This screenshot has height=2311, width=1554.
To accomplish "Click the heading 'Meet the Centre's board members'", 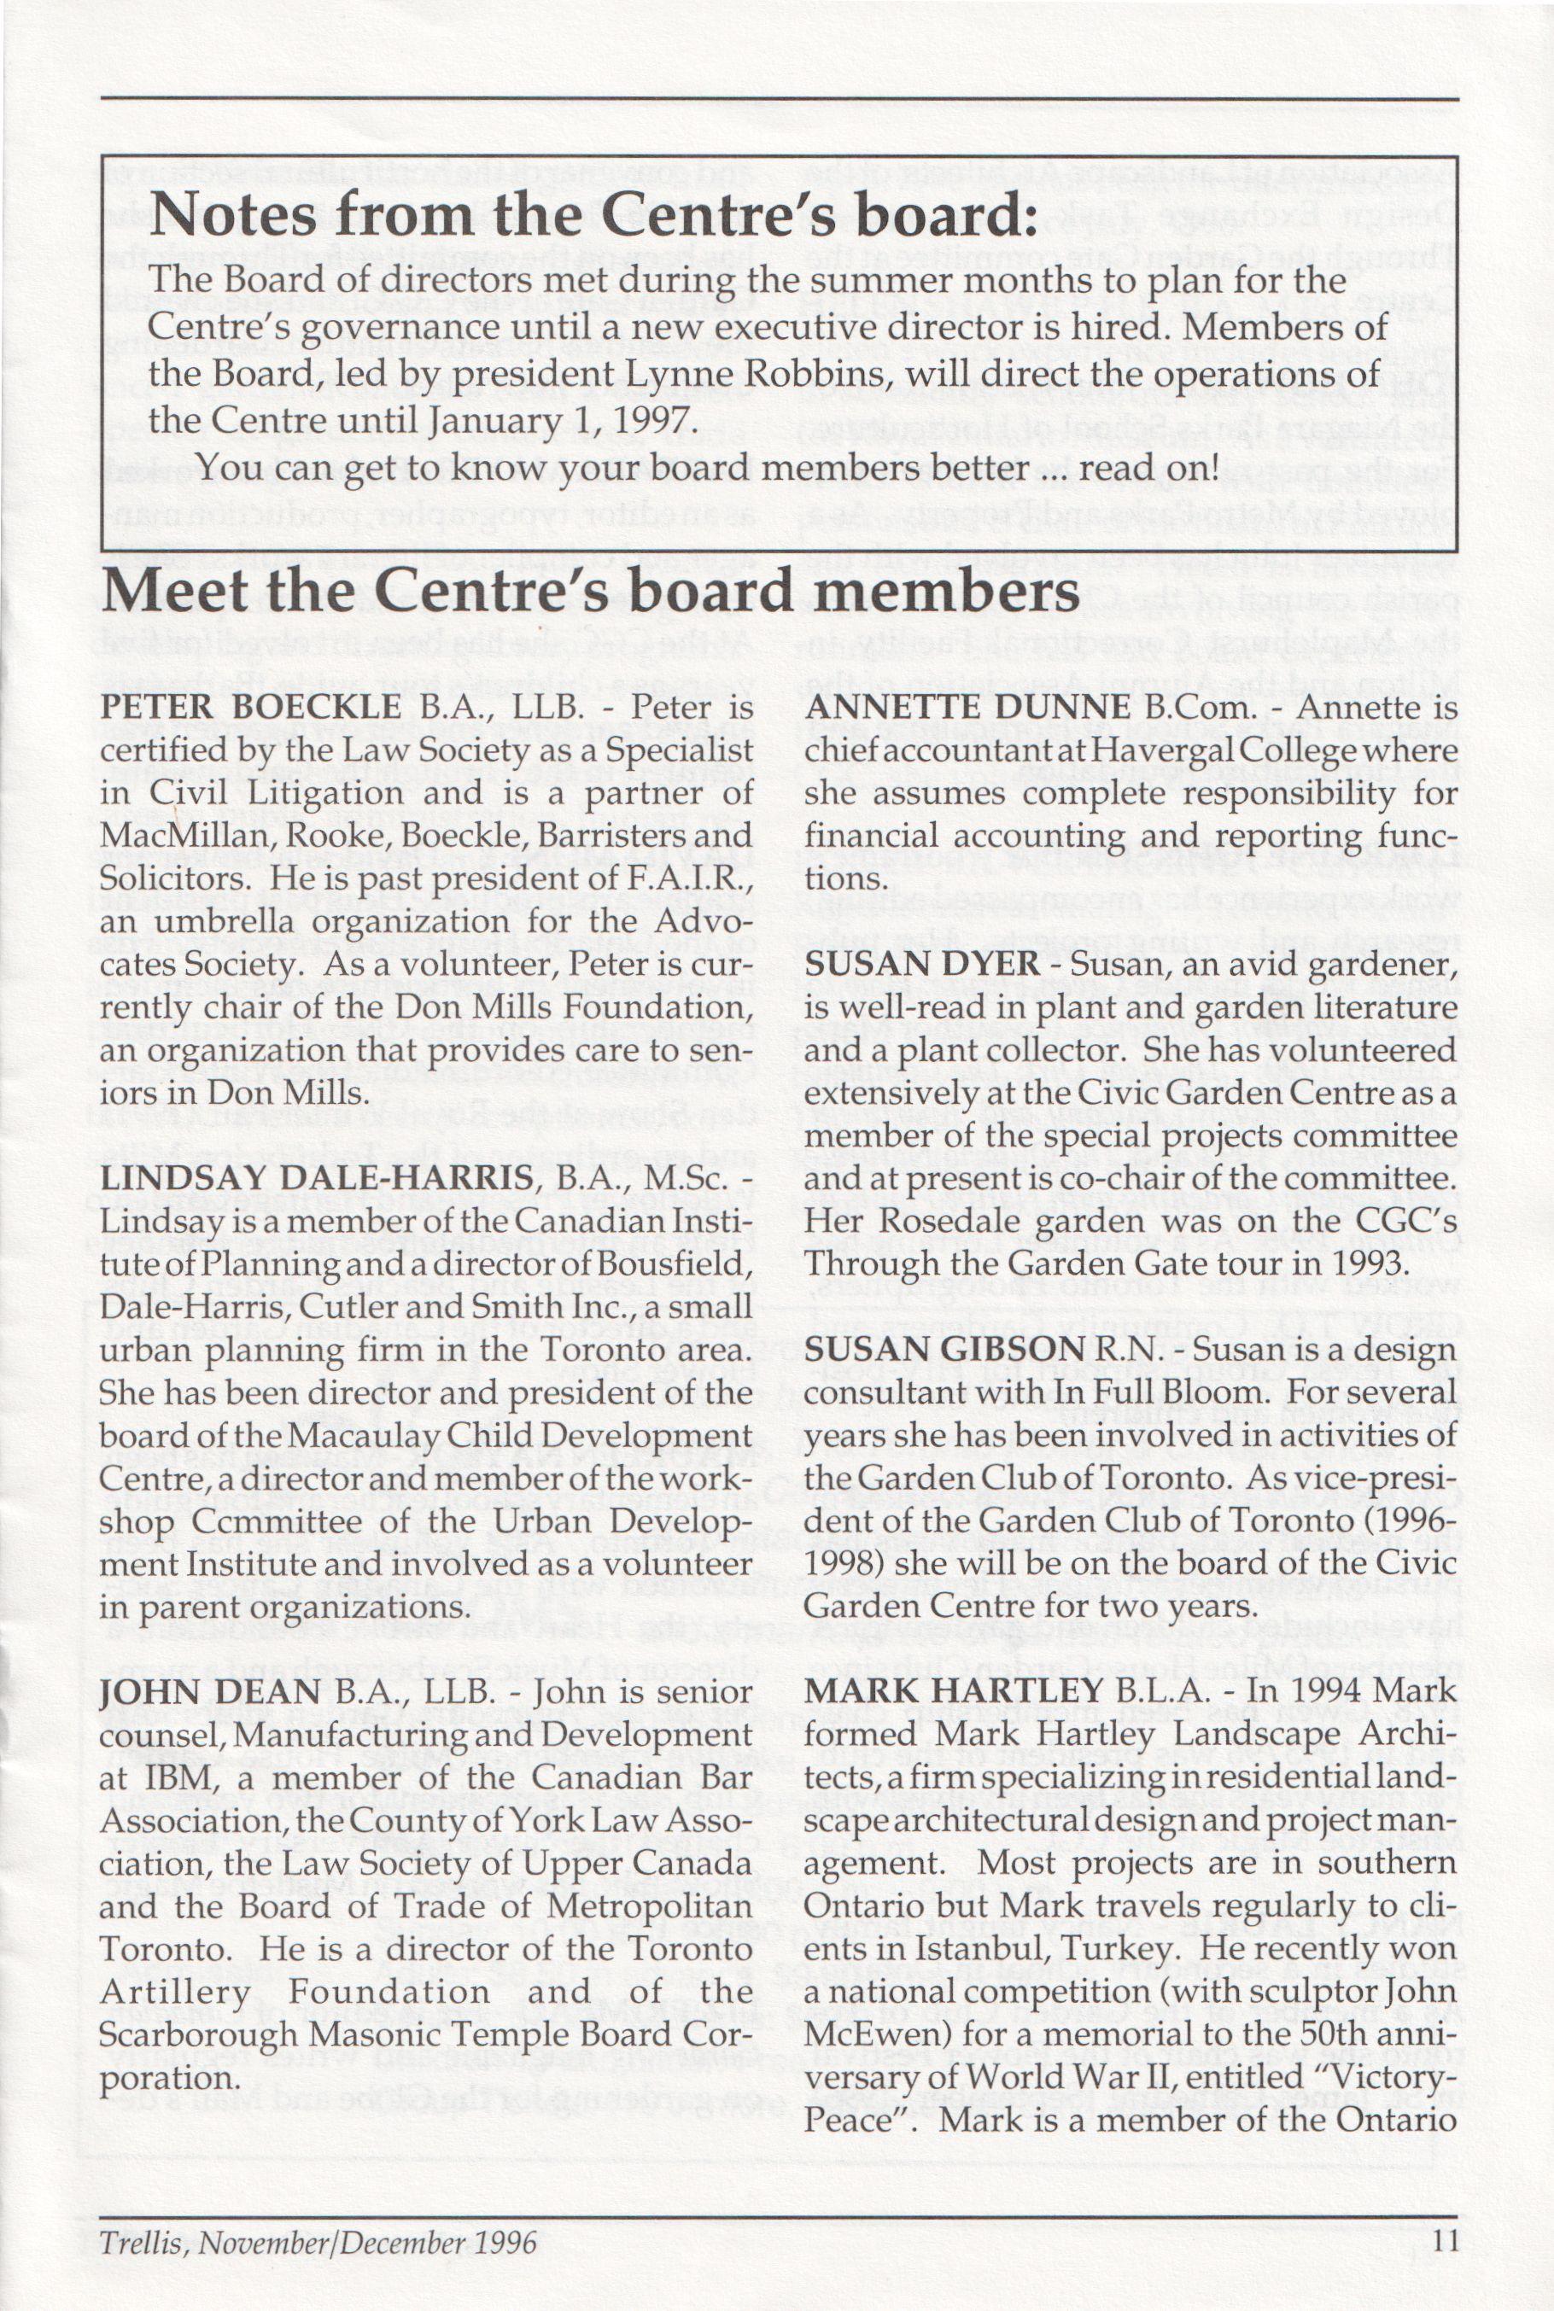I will pyautogui.click(x=590, y=592).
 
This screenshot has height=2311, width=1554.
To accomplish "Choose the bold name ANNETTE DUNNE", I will pyautogui.click(x=967, y=708).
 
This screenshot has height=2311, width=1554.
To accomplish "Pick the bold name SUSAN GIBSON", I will pyautogui.click(x=942, y=1349).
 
